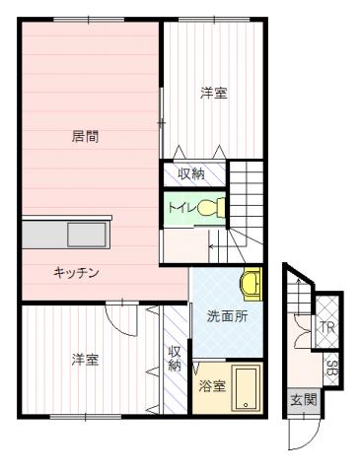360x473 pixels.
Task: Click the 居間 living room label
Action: click(85, 136)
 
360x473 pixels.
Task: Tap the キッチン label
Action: click(76, 273)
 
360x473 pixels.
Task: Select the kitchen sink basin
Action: click(87, 235)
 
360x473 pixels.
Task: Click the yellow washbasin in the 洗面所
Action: click(252, 284)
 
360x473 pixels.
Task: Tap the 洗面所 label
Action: click(227, 316)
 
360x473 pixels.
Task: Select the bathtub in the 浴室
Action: click(246, 388)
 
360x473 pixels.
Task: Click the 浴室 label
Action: click(212, 386)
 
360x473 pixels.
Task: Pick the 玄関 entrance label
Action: click(303, 400)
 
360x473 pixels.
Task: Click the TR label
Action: click(327, 327)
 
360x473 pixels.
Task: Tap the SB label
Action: click(331, 369)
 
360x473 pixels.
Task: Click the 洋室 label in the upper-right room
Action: click(214, 93)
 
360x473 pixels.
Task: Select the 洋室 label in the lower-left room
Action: click(85, 360)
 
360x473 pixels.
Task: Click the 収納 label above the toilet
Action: click(191, 173)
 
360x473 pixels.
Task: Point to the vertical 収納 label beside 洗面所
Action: click(175, 359)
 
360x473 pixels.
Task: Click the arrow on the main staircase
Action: click(227, 246)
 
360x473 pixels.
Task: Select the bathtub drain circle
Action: click(246, 405)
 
